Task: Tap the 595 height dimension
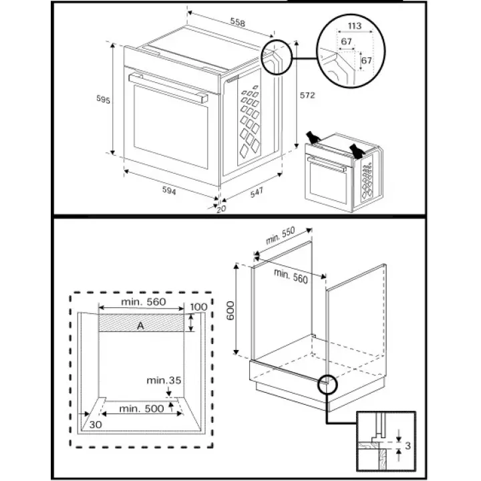(103, 100)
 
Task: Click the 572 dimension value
(307, 96)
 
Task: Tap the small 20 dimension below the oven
(221, 208)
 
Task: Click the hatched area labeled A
(140, 325)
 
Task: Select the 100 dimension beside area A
(198, 307)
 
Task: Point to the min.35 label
(164, 380)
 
